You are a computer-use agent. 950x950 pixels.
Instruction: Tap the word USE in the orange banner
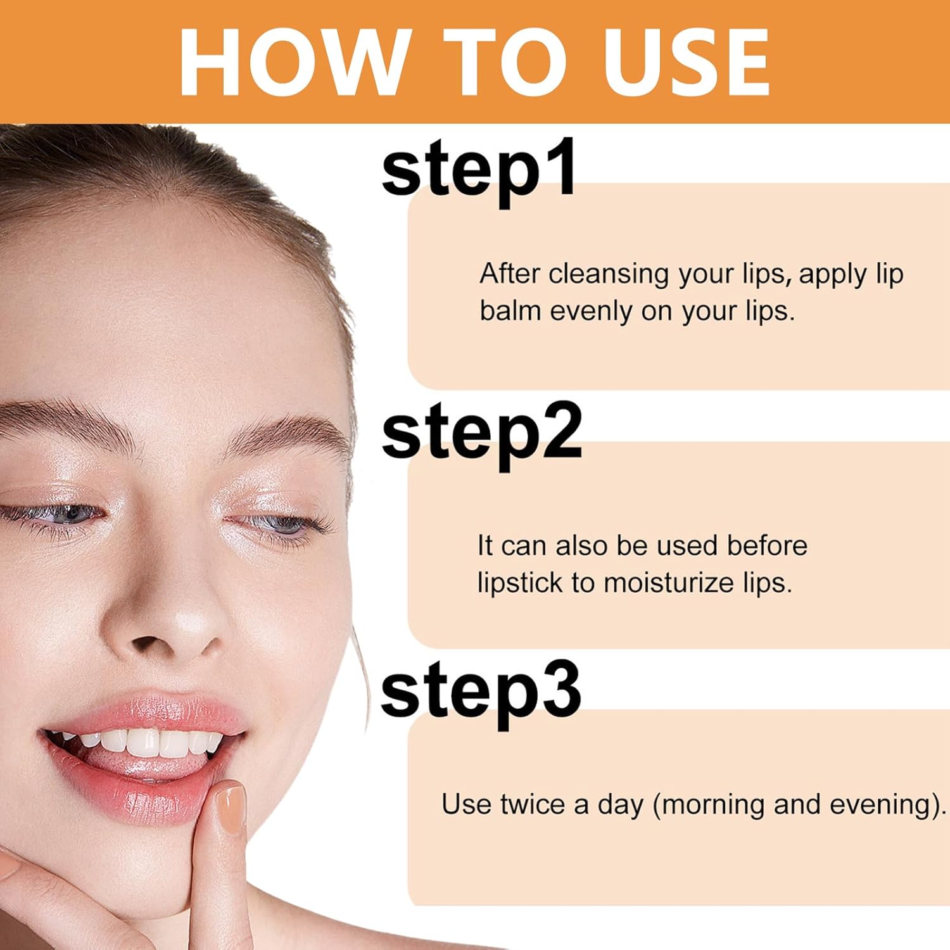coord(687,62)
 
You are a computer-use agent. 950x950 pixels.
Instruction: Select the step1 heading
coord(479,171)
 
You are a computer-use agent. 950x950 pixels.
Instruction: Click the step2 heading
coord(481,434)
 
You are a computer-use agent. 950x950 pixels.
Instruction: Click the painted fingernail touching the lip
coord(229,807)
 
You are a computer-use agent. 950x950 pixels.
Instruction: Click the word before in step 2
coord(767,546)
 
